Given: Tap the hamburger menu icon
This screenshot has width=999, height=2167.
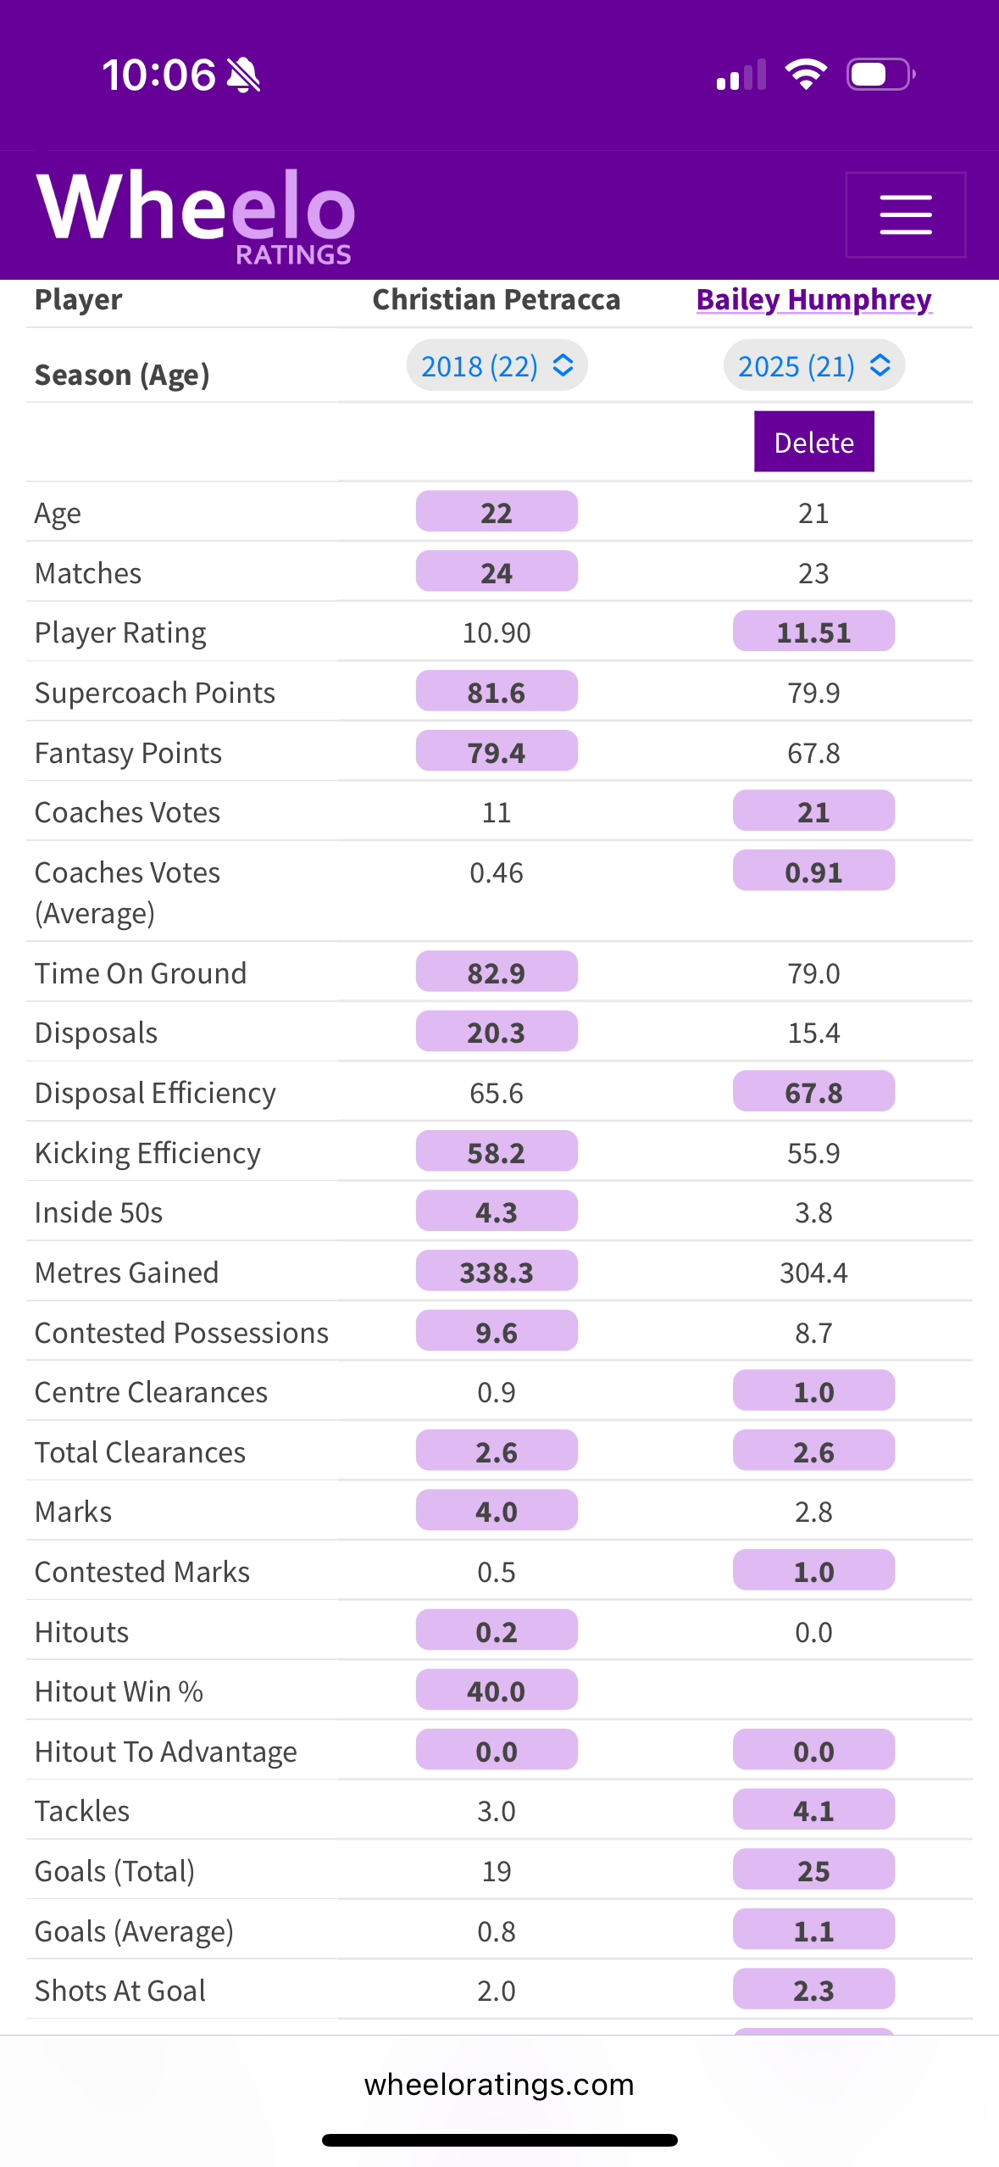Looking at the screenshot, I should point(905,214).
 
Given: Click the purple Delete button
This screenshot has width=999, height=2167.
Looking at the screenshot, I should point(813,442).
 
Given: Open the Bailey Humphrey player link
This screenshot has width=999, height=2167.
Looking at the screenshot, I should point(813,300).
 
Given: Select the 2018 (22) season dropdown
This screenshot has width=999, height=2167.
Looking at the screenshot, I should point(497,366).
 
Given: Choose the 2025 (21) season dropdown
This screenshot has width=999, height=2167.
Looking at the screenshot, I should point(813,366).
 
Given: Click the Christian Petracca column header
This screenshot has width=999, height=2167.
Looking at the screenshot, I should point(497,300).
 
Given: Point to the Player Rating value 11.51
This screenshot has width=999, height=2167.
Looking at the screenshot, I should point(813,632).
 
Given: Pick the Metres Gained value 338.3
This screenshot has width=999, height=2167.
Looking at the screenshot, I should point(497,1273).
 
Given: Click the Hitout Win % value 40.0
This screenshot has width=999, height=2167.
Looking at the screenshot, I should point(497,1691).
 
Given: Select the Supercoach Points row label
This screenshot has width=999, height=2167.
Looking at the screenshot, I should point(155,693).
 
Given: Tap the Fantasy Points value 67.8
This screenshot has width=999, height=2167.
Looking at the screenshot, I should point(813,753).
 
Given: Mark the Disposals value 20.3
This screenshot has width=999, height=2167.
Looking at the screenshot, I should point(497,1033).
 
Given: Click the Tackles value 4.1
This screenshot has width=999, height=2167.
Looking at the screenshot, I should point(813,1811).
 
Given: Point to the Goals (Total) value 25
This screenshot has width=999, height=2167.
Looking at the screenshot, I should point(813,1871).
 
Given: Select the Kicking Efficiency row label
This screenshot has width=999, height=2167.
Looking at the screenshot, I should point(148,1153).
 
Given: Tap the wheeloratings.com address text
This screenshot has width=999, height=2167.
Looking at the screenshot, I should point(499,2084).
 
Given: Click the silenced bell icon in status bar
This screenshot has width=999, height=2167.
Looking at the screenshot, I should point(244,75).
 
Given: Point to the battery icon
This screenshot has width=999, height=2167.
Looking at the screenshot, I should point(880,75).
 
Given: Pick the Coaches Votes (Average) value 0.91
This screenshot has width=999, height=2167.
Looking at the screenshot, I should point(813,872).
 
